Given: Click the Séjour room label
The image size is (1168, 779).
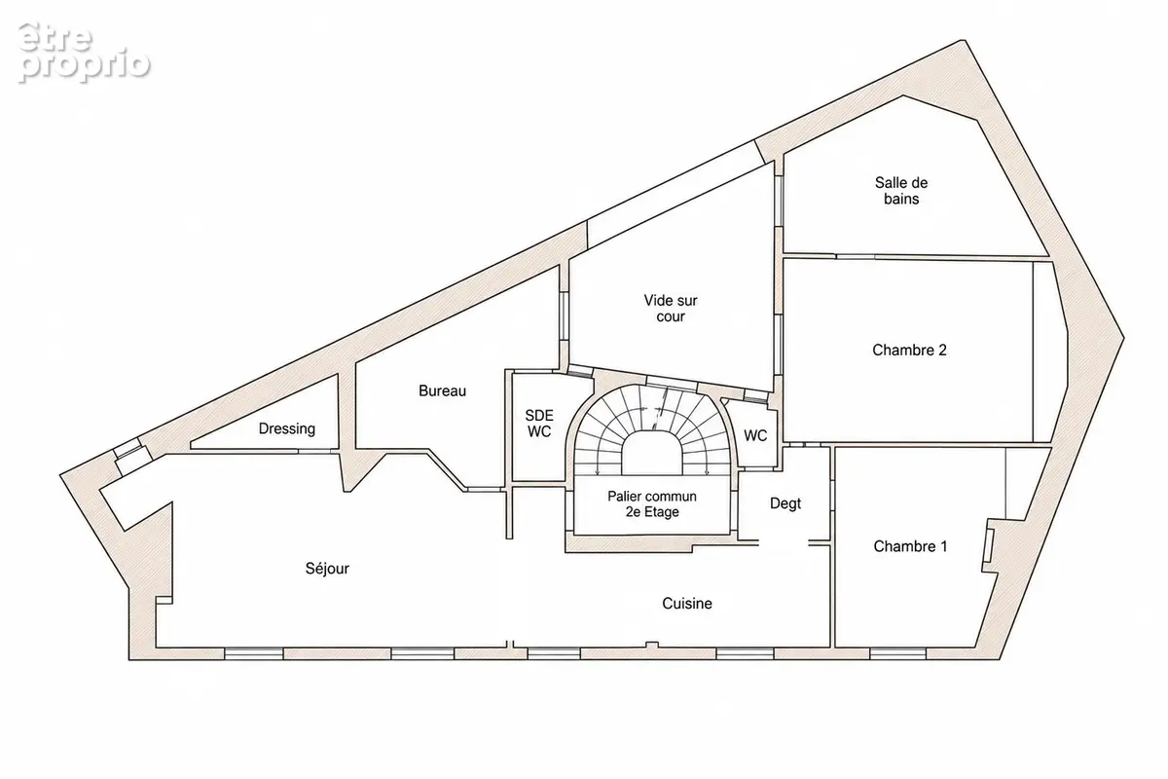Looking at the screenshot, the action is pyautogui.click(x=327, y=569).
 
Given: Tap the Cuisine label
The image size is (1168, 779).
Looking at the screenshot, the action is pyautogui.click(x=687, y=603).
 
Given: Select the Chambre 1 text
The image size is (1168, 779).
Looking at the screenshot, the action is pyautogui.click(x=910, y=546).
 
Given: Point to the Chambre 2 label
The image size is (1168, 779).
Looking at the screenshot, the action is pyautogui.click(x=909, y=350).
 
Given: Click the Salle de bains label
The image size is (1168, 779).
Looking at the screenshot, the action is pyautogui.click(x=901, y=191).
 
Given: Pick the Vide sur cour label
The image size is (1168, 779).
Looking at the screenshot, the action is pyautogui.click(x=671, y=309).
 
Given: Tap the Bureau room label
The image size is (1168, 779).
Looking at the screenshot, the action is pyautogui.click(x=442, y=390).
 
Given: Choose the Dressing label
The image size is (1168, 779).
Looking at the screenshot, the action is pyautogui.click(x=287, y=428).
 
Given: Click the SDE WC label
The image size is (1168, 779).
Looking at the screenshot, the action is pyautogui.click(x=539, y=424).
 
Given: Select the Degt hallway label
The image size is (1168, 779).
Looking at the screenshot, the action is pyautogui.click(x=785, y=503).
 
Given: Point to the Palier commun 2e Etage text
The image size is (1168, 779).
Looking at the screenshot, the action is pyautogui.click(x=652, y=504).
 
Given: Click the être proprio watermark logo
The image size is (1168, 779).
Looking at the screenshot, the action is pyautogui.click(x=84, y=53).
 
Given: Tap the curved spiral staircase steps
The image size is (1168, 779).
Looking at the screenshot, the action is pyautogui.click(x=652, y=412).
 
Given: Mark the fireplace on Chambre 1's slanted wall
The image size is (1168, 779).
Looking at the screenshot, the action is pyautogui.click(x=989, y=545).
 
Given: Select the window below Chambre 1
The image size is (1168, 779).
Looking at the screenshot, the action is pyautogui.click(x=897, y=652).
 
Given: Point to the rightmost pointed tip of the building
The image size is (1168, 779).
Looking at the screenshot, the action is pyautogui.click(x=1123, y=338).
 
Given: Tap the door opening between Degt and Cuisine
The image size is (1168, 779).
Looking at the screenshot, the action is pyautogui.click(x=784, y=543).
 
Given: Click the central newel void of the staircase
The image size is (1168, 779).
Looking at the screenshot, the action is pyautogui.click(x=652, y=453).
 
